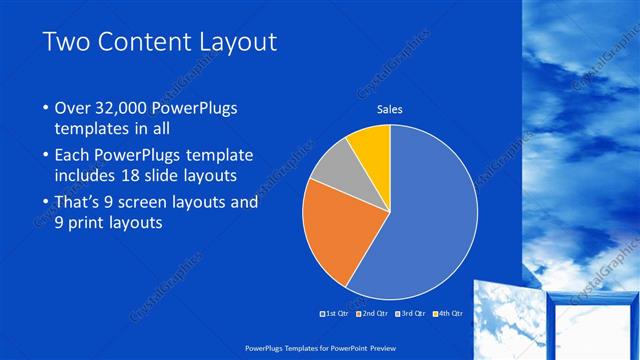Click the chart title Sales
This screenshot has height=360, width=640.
[x=389, y=109]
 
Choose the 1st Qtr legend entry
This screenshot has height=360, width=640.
[x=336, y=313]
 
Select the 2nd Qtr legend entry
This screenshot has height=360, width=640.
[x=373, y=313]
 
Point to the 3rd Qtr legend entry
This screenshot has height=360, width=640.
[x=411, y=313]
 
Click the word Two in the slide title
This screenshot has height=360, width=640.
[x=66, y=42]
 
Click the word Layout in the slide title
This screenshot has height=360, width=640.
[x=235, y=42]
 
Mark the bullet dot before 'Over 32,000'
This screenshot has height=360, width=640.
[x=44, y=108]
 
